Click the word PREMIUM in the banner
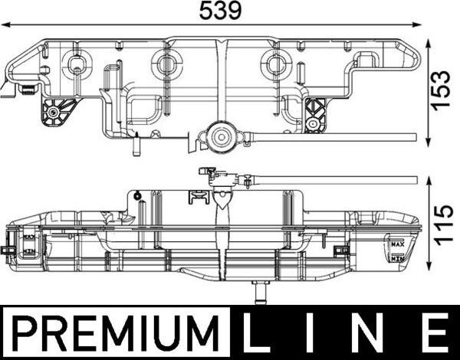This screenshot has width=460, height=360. click(x=115, y=334)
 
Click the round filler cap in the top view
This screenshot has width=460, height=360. click(x=222, y=139)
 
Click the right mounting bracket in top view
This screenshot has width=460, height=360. click(x=314, y=113)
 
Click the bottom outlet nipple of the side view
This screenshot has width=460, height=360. click(x=259, y=292)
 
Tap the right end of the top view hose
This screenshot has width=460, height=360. click(x=414, y=137)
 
